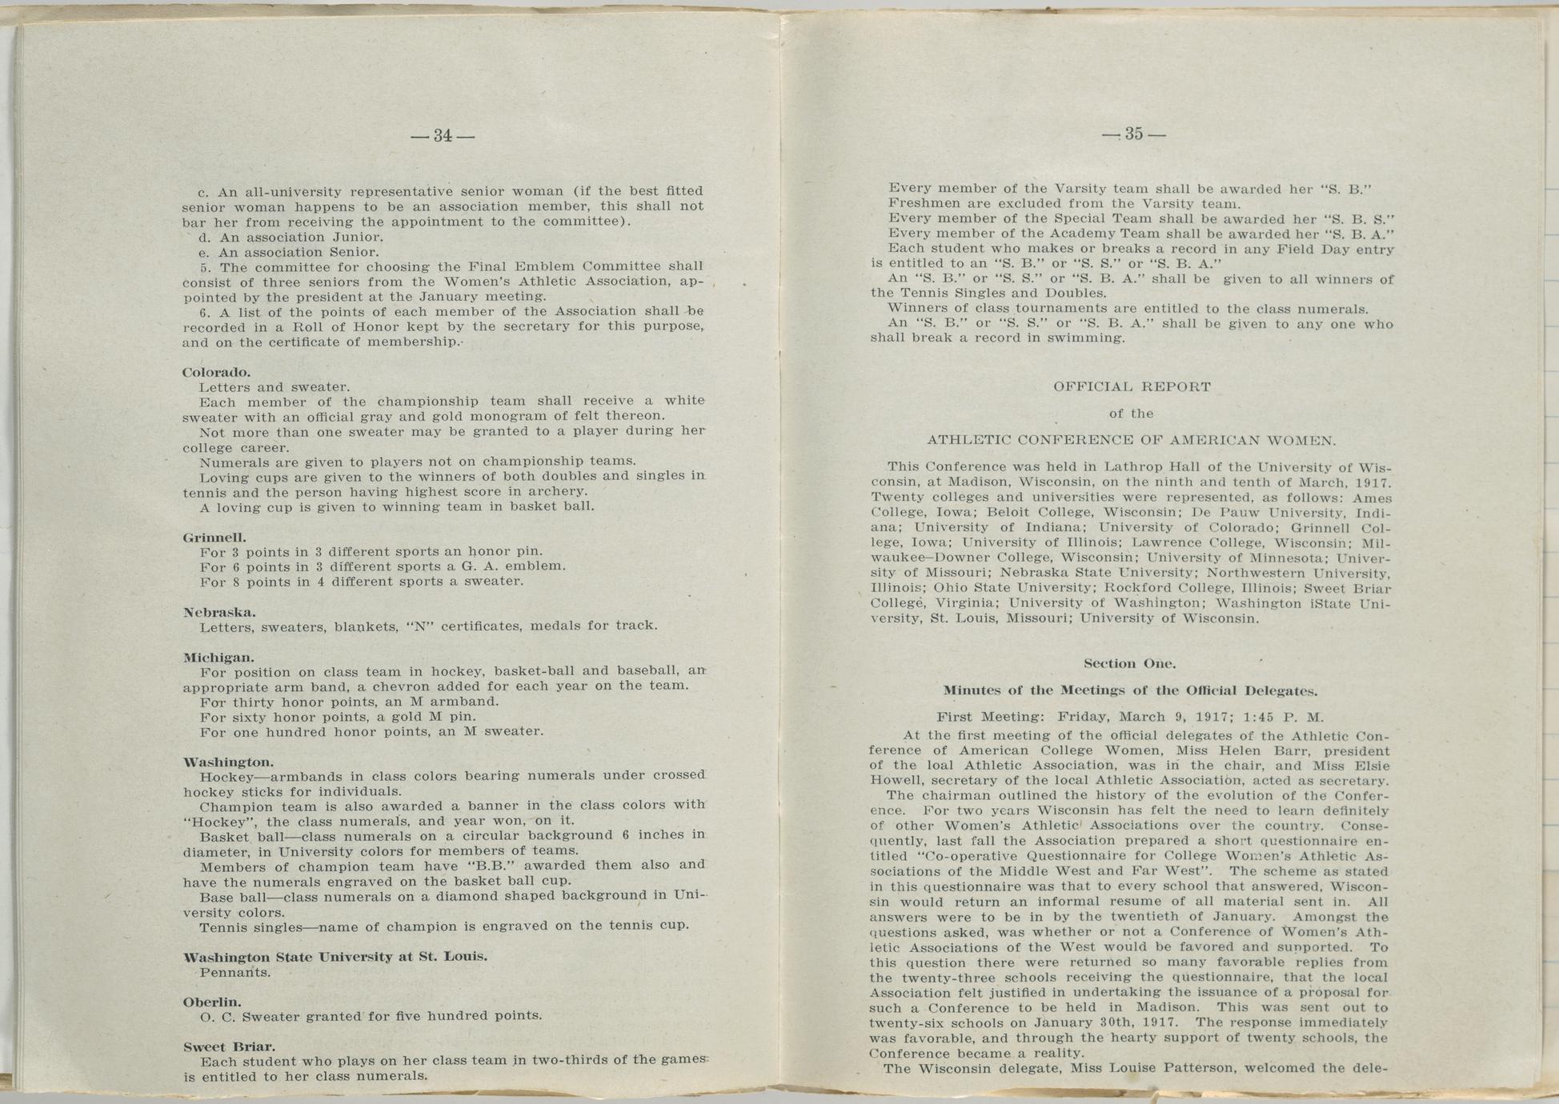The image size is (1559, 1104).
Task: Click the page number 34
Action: (x=443, y=136)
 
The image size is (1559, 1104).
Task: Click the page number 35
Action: (x=1133, y=134)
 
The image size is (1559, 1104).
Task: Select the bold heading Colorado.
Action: (x=217, y=373)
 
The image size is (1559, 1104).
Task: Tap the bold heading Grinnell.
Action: (x=214, y=538)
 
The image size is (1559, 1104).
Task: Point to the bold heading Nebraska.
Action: (x=219, y=613)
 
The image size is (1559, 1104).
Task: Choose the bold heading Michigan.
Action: (x=218, y=658)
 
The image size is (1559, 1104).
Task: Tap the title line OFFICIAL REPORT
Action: (x=1132, y=387)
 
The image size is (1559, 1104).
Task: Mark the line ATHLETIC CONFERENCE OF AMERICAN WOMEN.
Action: (x=1132, y=440)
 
